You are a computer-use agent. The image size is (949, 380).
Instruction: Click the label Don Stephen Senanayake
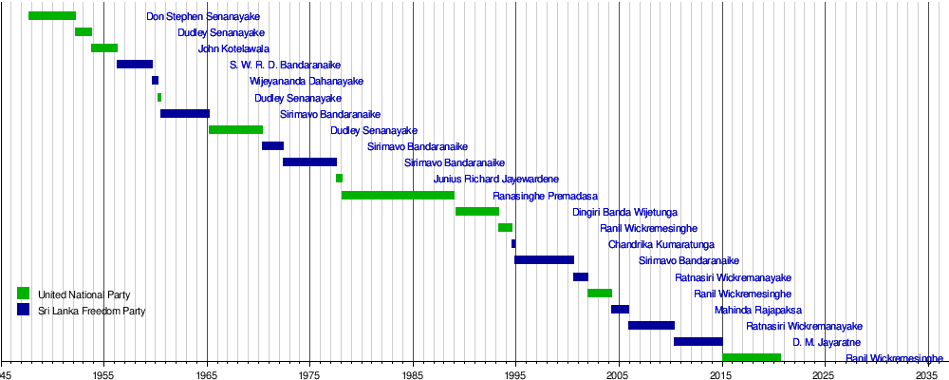click(203, 17)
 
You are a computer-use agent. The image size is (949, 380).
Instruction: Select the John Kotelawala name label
click(233, 49)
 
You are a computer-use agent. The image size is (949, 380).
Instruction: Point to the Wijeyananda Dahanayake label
click(306, 82)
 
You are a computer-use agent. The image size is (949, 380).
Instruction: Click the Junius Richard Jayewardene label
click(496, 179)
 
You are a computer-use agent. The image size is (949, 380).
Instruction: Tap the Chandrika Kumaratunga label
click(661, 244)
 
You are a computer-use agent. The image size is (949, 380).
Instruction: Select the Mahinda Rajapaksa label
click(758, 310)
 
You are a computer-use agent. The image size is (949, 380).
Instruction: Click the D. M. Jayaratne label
click(827, 342)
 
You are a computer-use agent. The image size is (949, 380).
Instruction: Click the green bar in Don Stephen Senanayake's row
click(52, 15)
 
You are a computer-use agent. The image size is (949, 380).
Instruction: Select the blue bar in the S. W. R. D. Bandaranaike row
click(135, 64)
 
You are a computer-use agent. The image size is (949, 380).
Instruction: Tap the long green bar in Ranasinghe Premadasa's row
click(398, 195)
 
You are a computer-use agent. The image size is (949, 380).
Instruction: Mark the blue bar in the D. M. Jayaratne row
click(698, 341)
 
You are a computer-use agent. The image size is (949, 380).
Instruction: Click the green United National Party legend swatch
click(24, 293)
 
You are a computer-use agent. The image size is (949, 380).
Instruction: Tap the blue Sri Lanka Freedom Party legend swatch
click(24, 310)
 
